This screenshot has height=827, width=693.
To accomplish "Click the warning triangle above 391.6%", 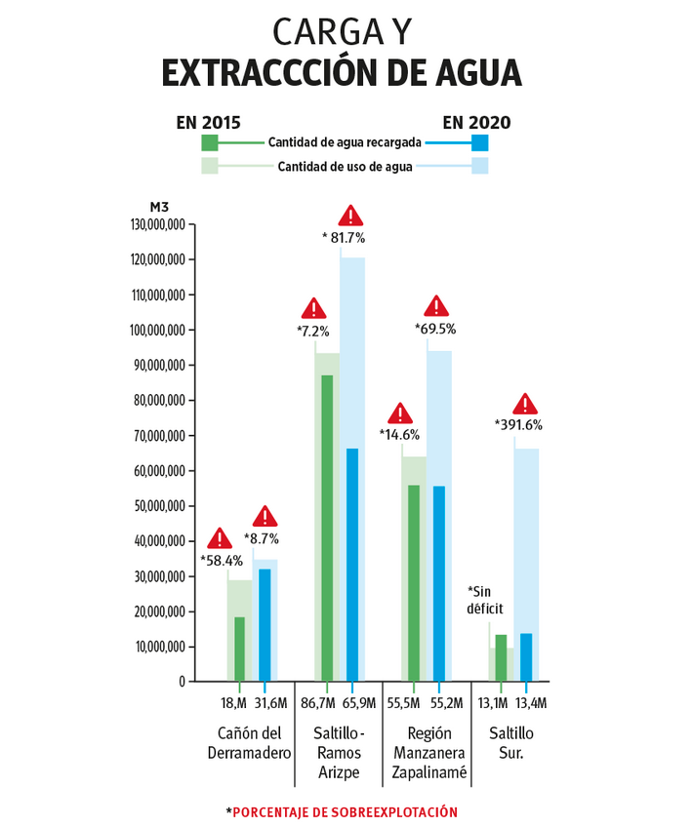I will coord(526,404).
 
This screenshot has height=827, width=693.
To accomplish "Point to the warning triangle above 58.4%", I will coord(220,538).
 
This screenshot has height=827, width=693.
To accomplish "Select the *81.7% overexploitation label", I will coord(343,237).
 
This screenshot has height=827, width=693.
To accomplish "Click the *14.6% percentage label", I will coord(399,435).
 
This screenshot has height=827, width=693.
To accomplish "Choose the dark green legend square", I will coord(210,142).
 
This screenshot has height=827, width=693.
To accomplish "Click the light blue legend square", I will coord(479,167).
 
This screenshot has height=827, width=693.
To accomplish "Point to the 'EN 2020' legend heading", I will coord(476,122).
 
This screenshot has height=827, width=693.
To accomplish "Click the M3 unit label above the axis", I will coord(159,207).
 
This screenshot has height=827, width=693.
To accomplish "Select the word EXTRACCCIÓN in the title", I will coord(276,74).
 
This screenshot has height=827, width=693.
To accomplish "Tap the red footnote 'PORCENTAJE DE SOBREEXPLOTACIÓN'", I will coord(345,811).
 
